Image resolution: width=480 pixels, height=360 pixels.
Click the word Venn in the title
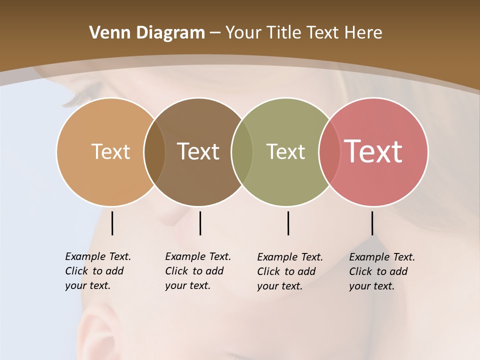pos(106,33)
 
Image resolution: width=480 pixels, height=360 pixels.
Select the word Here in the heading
pos(363,33)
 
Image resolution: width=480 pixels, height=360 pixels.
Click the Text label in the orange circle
pos(110,151)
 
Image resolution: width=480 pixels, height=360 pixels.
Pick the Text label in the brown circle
pos(198,151)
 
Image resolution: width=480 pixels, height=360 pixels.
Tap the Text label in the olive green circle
pos(285,151)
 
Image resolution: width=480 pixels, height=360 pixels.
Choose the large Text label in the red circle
pos(373,151)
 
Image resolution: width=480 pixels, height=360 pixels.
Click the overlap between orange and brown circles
pos(154,151)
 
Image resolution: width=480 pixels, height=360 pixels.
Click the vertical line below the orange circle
pos(112,223)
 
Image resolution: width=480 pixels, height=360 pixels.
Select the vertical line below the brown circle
pos(200,223)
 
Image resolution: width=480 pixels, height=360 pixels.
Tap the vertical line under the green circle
pos(288,223)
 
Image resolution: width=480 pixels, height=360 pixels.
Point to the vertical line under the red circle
pos(372,223)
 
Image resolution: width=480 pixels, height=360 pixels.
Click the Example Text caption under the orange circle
pos(98,271)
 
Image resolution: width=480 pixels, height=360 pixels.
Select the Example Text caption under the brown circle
pos(198,271)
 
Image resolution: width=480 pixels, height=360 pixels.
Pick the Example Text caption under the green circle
pos(290,271)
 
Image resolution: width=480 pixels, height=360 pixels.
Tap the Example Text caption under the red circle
pos(382,271)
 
